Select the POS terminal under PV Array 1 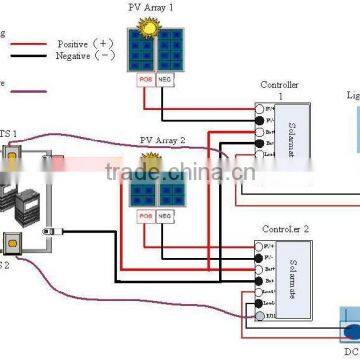pos(146,75)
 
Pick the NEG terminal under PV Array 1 pos(166,75)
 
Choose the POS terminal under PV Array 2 pos(146,214)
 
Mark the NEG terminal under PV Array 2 pos(166,214)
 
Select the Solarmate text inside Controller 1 pos(293,131)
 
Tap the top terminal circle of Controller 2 pos(260,244)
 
